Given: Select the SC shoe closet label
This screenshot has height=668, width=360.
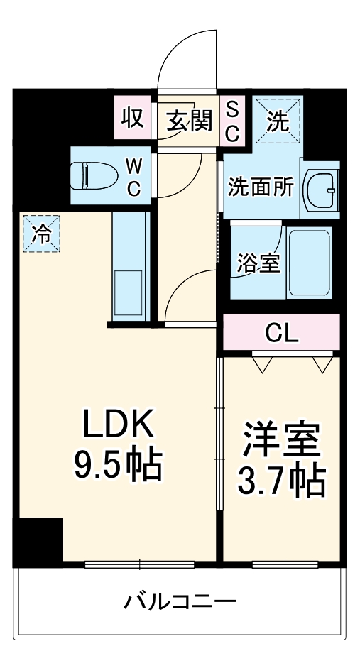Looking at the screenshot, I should (232, 119).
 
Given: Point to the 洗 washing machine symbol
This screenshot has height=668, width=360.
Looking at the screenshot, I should (278, 121).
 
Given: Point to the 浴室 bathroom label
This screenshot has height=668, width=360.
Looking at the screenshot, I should (258, 263).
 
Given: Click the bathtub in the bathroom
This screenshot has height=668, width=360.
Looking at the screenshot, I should (310, 263).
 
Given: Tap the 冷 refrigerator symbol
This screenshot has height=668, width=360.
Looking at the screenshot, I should (42, 234).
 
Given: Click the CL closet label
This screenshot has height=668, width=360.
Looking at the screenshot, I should (282, 332).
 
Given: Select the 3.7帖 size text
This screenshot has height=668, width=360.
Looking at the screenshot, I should (281, 482).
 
